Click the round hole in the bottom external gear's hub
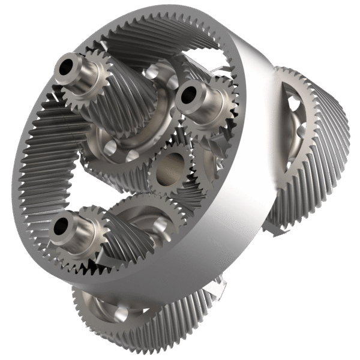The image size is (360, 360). pyautogui.click(x=121, y=313)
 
